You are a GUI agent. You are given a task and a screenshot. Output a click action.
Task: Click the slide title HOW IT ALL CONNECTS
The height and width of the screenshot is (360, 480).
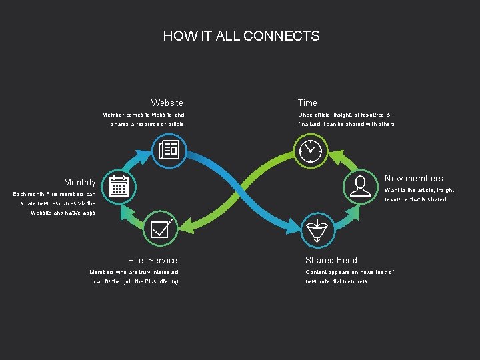(x=241, y=36)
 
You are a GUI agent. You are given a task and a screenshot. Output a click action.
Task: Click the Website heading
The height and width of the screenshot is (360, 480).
(x=167, y=103)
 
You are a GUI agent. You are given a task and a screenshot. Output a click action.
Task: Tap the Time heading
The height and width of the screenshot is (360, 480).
(x=307, y=103)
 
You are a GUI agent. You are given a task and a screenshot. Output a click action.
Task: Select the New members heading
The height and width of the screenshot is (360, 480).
(x=413, y=178)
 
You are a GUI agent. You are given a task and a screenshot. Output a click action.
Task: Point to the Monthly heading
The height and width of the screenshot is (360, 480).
(x=79, y=182)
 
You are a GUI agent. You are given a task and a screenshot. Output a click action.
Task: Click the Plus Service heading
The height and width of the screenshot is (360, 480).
(x=153, y=260)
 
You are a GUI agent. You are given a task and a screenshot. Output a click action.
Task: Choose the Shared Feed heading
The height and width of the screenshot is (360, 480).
(x=331, y=260)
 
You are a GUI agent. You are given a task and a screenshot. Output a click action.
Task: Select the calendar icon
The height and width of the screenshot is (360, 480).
(x=119, y=186)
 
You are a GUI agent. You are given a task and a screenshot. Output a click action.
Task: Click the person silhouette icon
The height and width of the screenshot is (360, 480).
(x=360, y=186)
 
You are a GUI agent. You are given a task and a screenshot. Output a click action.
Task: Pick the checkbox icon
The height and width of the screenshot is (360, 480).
(x=161, y=229)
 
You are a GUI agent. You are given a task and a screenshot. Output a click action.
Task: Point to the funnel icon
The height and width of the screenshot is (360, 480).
(x=318, y=229)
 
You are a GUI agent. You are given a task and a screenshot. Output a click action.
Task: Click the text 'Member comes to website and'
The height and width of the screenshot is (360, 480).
(x=143, y=115)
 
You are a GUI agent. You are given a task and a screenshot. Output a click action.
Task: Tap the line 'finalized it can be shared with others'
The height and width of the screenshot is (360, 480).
(x=346, y=124)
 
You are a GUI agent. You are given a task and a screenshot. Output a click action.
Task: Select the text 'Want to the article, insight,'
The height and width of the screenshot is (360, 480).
(x=420, y=190)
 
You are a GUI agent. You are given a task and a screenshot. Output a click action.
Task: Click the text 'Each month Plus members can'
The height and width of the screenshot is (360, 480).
(x=55, y=194)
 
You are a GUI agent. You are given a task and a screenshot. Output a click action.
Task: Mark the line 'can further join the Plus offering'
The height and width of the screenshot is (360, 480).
(x=136, y=281)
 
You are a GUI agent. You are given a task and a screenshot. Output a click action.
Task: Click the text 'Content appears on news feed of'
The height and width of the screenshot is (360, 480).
(x=349, y=272)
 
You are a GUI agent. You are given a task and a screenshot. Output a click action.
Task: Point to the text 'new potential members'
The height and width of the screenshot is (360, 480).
(x=336, y=281)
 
